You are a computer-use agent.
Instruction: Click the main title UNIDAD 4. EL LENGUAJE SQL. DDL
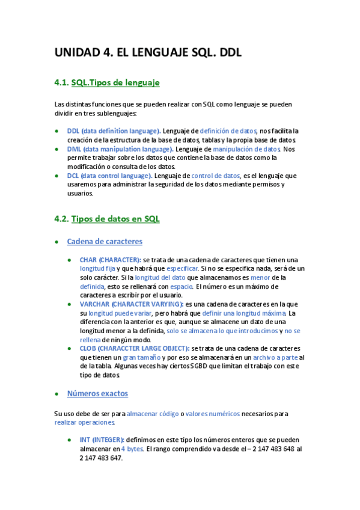coord(148,52)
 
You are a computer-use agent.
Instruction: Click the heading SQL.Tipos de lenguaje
coord(115,82)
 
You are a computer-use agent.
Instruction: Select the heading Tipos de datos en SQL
coord(115,219)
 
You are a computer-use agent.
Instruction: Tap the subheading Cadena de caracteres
coord(105,241)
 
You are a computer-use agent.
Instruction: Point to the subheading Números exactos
coord(97,393)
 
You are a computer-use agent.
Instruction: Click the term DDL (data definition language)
coord(114,131)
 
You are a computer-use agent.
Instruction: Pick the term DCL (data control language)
coord(109,176)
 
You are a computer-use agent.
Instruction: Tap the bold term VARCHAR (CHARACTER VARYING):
coord(132,304)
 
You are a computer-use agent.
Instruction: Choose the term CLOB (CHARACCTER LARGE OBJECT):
coord(135,349)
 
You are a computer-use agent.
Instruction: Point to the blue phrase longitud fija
coord(97,268)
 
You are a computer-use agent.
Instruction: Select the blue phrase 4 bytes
coord(132,449)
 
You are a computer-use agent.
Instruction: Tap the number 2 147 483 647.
coord(101,458)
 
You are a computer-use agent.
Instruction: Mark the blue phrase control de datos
coord(215,176)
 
